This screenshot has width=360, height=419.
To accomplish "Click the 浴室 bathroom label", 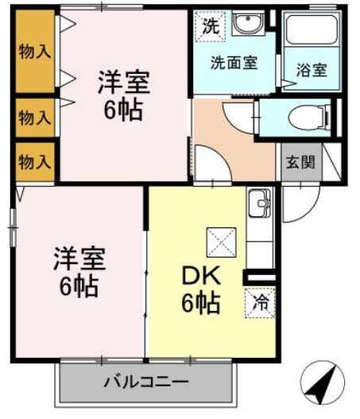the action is tap(312, 70).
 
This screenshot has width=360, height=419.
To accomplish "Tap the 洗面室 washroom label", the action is tap(234, 63).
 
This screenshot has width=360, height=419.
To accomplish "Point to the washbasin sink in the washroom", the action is tap(249, 23).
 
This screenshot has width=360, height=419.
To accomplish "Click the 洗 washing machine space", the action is tap(211, 26).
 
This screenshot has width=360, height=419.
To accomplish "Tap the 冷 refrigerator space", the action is tap(260, 303).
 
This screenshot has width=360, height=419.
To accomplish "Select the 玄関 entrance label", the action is tap(300, 162).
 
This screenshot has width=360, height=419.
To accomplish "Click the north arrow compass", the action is tap(322, 383).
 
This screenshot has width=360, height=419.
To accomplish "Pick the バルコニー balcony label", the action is tap(146, 382).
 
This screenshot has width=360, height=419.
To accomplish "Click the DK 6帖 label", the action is tap(201, 289).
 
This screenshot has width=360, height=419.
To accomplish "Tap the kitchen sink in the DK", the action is tap(260, 203).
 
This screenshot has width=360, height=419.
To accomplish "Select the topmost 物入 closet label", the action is tap(35, 52).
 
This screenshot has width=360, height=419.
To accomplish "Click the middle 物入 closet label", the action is tap(35, 118).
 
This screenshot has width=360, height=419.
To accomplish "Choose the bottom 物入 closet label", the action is tap(35, 162).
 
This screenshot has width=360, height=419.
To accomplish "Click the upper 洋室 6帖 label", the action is tap(123, 95).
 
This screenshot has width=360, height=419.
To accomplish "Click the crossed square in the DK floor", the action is tap(222, 242).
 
